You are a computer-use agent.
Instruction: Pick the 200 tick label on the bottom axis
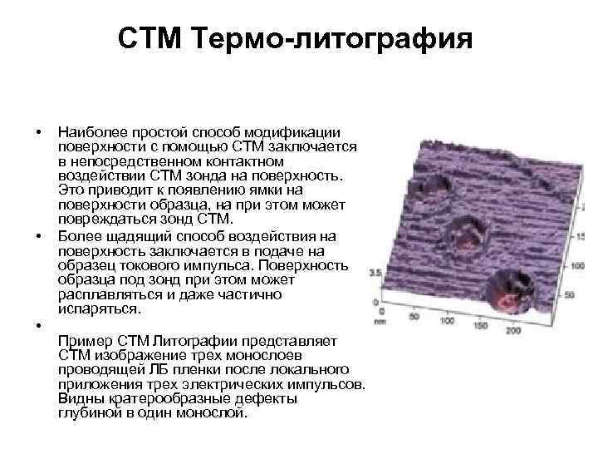[512, 331]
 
